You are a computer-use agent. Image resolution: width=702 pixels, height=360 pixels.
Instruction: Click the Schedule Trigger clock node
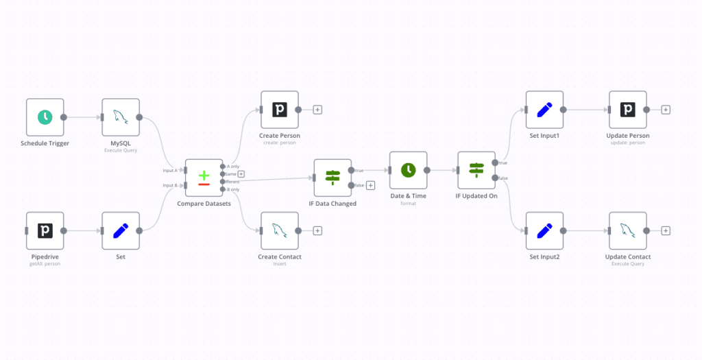click(45, 117)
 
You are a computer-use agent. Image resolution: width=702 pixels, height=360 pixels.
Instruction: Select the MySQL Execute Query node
click(121, 117)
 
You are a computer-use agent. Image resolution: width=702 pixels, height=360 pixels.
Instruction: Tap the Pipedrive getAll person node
click(45, 230)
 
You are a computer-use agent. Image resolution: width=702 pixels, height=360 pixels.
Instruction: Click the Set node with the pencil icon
click(121, 230)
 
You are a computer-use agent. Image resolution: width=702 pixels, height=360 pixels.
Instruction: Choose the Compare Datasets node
click(204, 178)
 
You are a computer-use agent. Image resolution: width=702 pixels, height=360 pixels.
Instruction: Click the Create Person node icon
click(280, 110)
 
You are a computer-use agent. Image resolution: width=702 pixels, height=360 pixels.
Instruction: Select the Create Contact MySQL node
click(280, 230)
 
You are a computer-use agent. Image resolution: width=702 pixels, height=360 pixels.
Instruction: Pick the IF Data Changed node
click(332, 178)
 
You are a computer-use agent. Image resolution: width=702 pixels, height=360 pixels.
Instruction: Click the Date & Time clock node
click(408, 170)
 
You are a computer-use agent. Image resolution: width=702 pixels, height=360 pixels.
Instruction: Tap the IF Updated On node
click(476, 170)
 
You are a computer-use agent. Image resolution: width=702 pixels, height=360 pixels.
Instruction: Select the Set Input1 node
click(544, 110)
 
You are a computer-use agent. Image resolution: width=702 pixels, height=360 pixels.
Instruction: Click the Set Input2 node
click(544, 230)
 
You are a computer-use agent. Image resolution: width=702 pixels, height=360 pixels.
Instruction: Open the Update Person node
click(627, 110)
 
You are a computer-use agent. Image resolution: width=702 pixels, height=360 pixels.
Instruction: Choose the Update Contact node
click(627, 230)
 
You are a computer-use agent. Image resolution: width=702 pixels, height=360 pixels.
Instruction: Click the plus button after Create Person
click(317, 110)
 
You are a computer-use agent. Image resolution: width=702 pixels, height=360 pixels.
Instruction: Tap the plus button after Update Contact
click(665, 230)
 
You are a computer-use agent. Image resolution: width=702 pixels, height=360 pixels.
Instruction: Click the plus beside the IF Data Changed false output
click(370, 185)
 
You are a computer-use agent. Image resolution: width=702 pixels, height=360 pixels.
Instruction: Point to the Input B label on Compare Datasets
click(170, 185)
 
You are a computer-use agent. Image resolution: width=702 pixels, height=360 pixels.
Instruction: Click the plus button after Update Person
click(665, 110)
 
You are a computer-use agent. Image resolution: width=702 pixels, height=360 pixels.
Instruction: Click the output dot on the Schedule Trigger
click(64, 117)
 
